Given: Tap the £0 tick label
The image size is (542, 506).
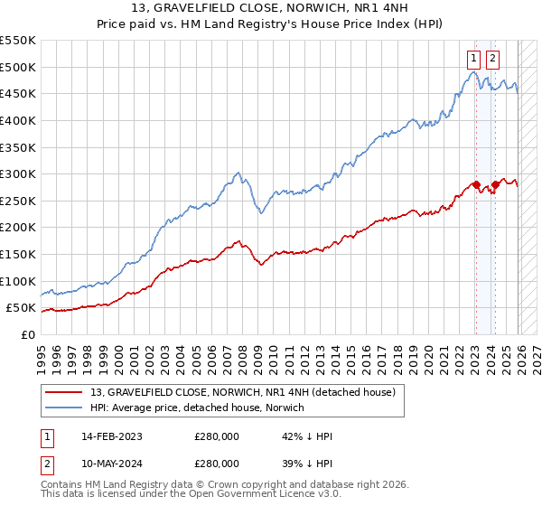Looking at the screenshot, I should click(x=28, y=334).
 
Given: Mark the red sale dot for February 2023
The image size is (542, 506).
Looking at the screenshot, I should click(x=475, y=185).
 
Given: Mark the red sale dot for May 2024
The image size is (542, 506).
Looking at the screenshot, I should click(x=494, y=185).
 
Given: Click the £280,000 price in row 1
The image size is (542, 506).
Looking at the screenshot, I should click(x=216, y=436).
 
